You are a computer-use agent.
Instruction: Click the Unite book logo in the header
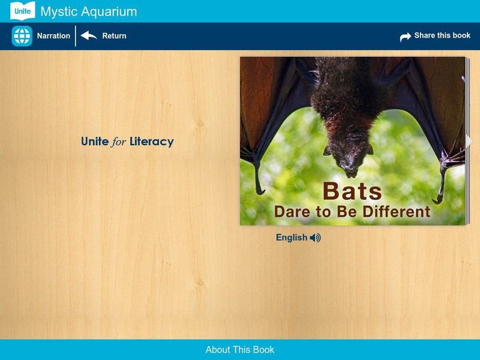click(22, 11)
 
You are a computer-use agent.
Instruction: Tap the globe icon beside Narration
click(22, 36)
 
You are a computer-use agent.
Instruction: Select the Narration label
click(53, 36)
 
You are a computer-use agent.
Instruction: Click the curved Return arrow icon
click(89, 36)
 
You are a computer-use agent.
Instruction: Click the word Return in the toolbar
click(114, 36)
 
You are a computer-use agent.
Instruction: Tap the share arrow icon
click(406, 37)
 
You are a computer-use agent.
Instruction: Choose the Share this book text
click(442, 36)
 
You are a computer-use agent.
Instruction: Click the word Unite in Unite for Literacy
click(95, 142)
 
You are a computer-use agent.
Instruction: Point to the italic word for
click(119, 142)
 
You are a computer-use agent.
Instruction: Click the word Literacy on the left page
click(151, 142)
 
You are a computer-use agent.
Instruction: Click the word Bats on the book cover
click(352, 191)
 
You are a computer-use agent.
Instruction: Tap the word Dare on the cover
click(291, 212)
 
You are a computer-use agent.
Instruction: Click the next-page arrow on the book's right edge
click(469, 141)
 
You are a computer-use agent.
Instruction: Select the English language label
click(292, 238)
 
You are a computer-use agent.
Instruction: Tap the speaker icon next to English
click(316, 238)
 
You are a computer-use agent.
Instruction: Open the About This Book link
click(240, 350)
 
